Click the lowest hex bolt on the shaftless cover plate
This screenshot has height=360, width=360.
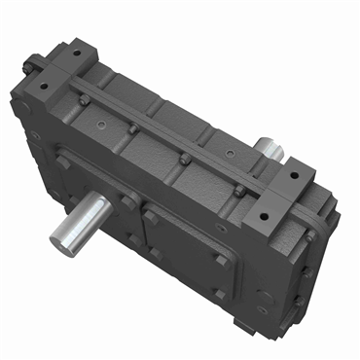pos(219,293)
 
